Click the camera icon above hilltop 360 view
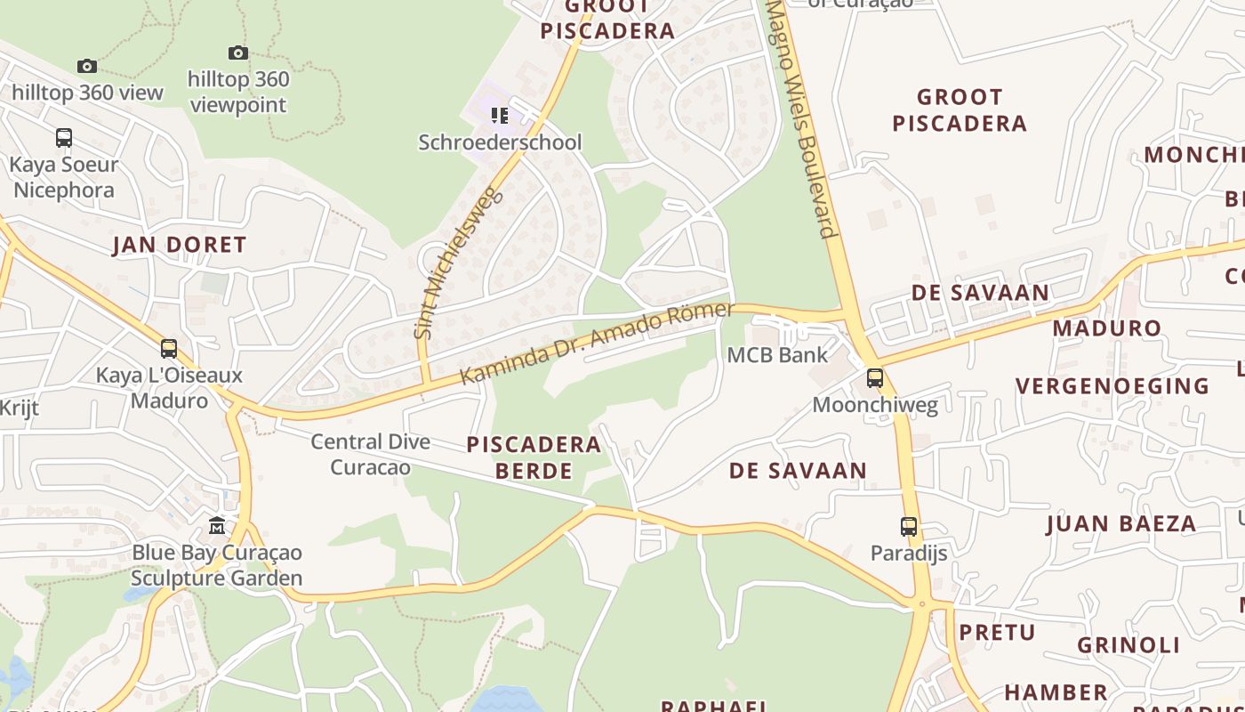coord(86,66)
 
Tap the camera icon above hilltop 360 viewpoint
coord(238,53)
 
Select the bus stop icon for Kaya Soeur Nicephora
coord(64,138)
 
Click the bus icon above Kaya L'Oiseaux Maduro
coord(169,348)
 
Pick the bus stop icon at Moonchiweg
coord(875,378)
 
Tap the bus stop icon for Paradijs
coord(908,526)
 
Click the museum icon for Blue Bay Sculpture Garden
coord(217,525)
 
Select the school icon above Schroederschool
coord(500,116)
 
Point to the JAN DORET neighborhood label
coord(179,246)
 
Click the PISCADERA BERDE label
coord(520,457)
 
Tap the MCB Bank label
coord(777,355)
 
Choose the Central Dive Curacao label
coord(370,454)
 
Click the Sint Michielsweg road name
coord(454,263)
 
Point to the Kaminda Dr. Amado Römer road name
coord(597,343)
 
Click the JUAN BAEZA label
coord(1120,523)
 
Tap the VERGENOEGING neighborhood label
coord(1112,386)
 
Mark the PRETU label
coord(997,633)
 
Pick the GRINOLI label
coord(1129,645)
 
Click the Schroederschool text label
coord(500,142)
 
